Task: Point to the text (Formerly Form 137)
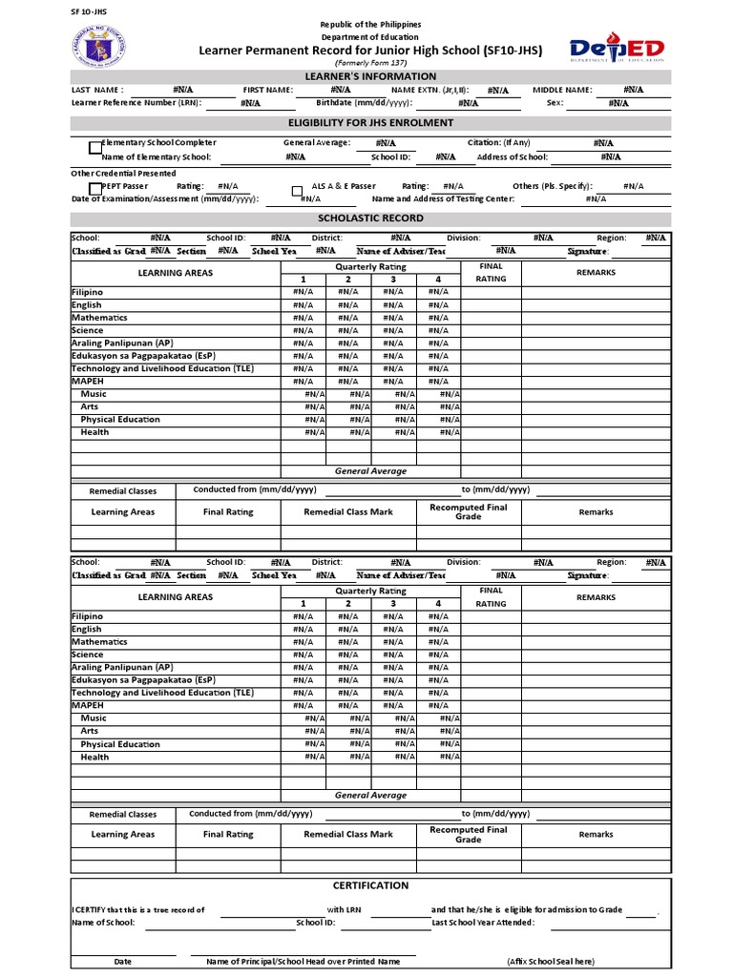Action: point(370,61)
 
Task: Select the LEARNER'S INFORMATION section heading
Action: point(370,76)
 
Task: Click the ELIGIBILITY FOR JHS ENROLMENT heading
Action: point(370,123)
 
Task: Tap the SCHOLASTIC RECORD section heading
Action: point(370,218)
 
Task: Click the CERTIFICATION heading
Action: point(370,885)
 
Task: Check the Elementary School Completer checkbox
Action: point(94,148)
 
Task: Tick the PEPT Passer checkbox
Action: point(94,188)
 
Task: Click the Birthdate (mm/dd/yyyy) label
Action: point(364,102)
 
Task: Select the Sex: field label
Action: point(555,102)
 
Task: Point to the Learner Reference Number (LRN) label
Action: point(137,102)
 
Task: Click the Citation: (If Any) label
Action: point(498,143)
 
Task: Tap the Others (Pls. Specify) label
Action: point(552,187)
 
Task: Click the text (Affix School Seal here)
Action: point(550,962)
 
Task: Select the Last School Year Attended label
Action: point(483,923)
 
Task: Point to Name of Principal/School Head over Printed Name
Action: point(303,962)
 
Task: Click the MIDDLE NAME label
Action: point(562,90)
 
